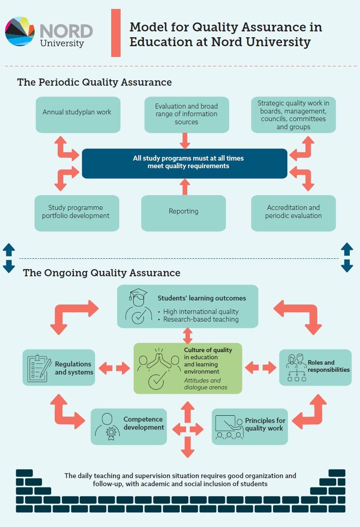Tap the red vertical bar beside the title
point(116,33)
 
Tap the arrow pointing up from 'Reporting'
point(183,187)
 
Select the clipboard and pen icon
point(39,368)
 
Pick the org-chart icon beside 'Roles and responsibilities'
point(296,367)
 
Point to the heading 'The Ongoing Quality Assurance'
point(102,273)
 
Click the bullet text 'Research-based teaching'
point(200,319)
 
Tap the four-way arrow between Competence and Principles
point(188,429)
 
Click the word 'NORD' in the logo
point(66,31)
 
